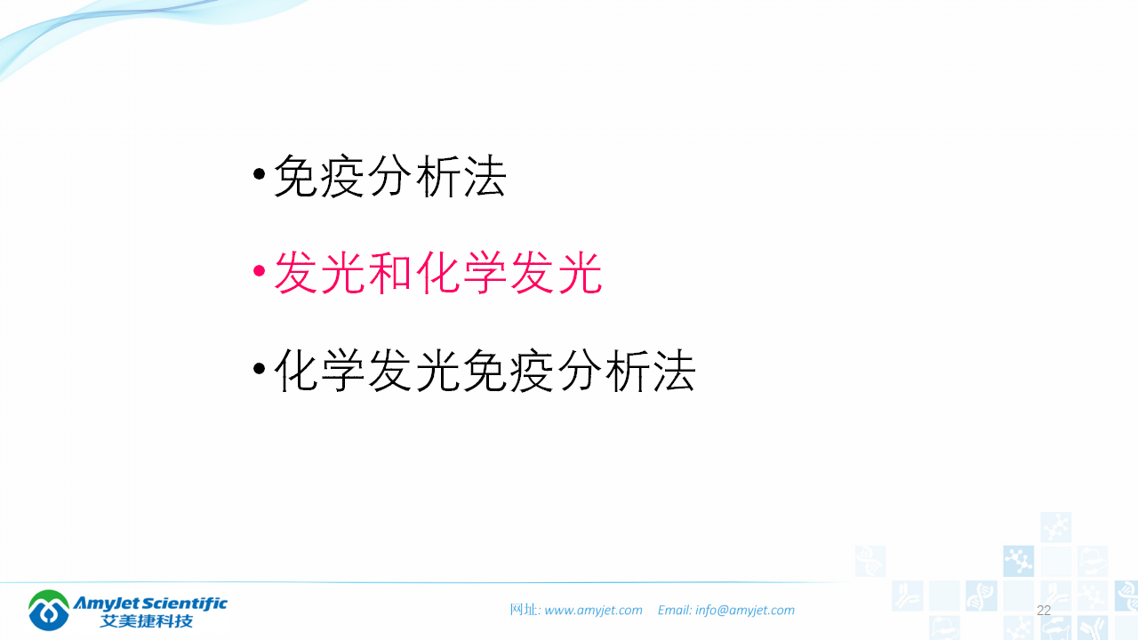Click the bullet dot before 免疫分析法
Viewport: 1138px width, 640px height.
[259, 173]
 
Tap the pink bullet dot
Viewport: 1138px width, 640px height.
[259, 270]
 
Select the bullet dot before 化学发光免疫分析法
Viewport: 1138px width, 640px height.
[259, 368]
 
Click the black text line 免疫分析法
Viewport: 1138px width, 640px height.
[389, 176]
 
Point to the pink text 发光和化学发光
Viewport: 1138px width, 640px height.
[437, 273]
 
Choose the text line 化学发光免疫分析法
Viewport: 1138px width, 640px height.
[485, 371]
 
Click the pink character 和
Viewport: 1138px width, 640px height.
[390, 273]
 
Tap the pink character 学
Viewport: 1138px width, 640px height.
[485, 273]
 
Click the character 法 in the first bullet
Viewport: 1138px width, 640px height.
[484, 176]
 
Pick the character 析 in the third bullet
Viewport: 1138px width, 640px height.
[625, 371]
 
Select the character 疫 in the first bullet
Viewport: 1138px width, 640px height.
[342, 176]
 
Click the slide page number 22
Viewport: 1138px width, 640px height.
[1044, 611]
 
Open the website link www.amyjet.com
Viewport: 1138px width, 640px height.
[593, 611]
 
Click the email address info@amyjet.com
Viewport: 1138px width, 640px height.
[745, 611]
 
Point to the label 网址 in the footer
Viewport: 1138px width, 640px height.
[524, 611]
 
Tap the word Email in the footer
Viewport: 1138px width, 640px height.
[674, 611]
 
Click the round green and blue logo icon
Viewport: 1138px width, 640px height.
[50, 610]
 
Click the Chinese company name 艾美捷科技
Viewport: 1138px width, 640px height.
[147, 620]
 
